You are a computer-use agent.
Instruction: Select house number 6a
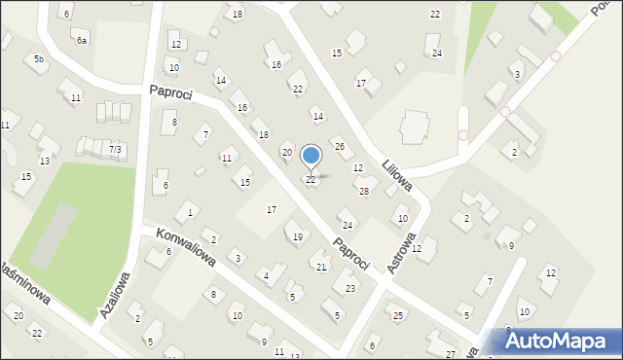[83, 41]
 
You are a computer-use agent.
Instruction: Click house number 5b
[39, 59]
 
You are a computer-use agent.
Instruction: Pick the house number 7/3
[115, 149]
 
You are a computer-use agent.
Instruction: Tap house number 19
[297, 237]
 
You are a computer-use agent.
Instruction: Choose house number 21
[321, 267]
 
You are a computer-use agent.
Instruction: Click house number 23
[350, 288]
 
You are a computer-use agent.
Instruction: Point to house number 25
[397, 315]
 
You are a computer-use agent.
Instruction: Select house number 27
[450, 354]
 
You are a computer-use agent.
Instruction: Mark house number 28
[364, 191]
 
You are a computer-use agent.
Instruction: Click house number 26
[340, 146]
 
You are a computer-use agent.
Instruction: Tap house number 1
[190, 212]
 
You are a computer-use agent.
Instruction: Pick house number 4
[267, 277]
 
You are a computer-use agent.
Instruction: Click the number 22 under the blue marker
[311, 179]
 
